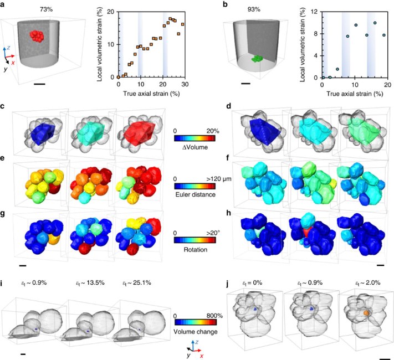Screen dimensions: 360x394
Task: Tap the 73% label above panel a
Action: coord(47,10)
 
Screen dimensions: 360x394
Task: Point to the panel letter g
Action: coord(4,215)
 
